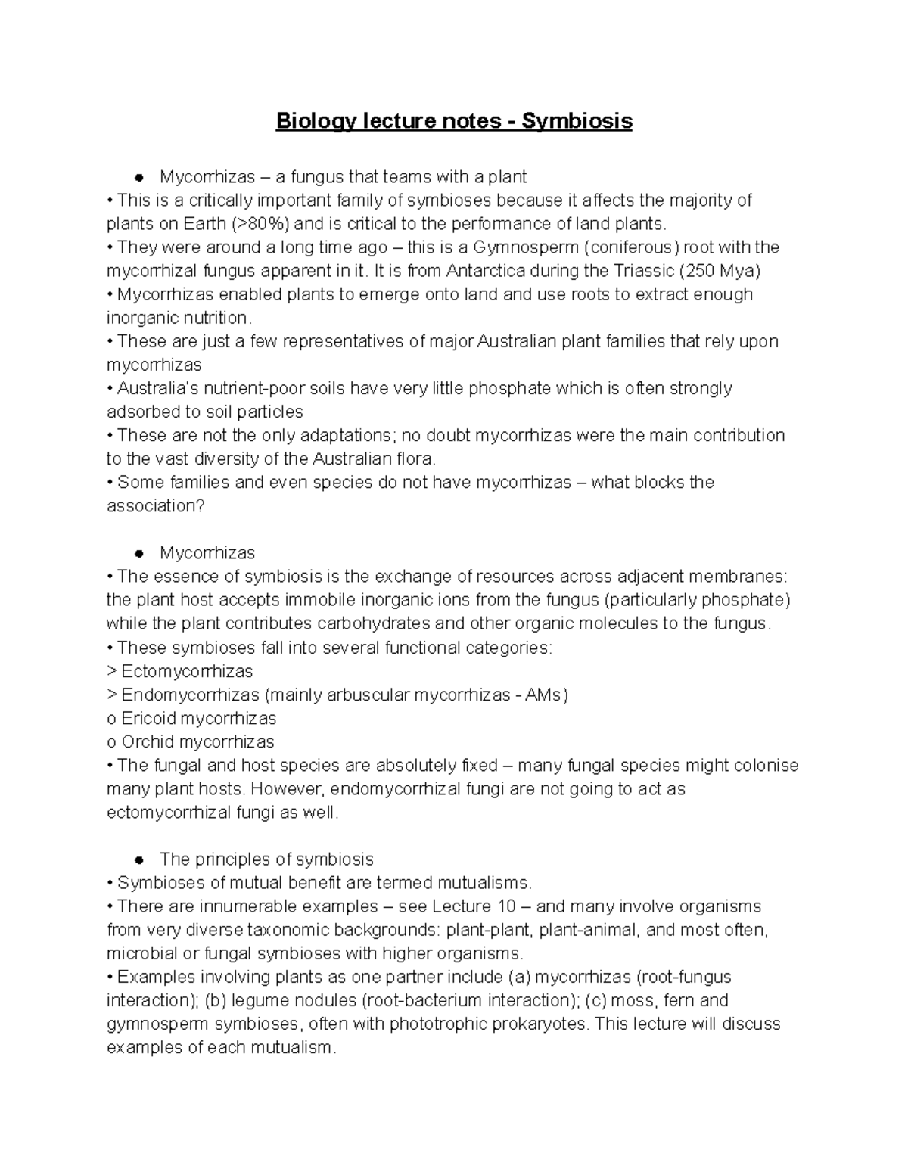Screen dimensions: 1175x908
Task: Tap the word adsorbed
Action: (x=141, y=412)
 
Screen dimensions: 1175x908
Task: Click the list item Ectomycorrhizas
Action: (x=187, y=671)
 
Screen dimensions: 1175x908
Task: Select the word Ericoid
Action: (x=149, y=718)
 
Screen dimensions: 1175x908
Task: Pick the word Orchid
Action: (x=148, y=741)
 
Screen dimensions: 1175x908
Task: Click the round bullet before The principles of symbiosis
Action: (x=138, y=860)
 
